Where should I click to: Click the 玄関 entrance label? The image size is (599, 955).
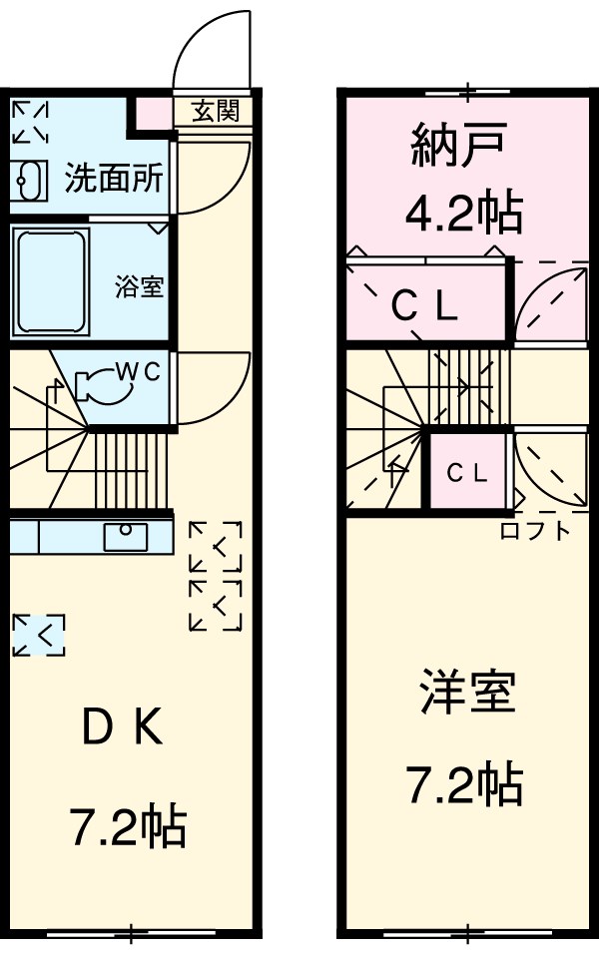215,111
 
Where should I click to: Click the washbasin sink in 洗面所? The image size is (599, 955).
31,180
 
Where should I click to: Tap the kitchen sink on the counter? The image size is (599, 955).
126,536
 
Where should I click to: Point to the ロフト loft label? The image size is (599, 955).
534,530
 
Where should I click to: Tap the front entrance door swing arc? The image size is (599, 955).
214,45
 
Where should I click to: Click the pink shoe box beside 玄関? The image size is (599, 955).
153,113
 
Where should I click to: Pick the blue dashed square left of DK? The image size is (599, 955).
39,635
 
